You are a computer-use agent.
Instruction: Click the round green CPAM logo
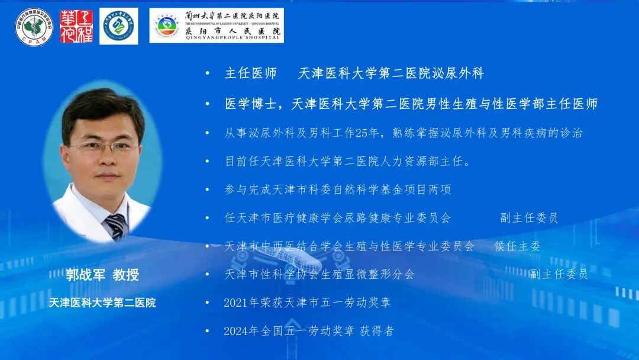pyautogui.click(x=34, y=26)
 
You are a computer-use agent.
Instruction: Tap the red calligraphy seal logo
pyautogui.click(x=76, y=26)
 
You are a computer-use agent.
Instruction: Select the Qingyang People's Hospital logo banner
pyautogui.click(x=216, y=25)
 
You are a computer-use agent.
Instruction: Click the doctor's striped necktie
pyautogui.click(x=116, y=225)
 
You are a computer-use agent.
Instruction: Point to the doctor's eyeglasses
pyautogui.click(x=103, y=146)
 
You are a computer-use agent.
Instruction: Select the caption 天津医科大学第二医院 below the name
pyautogui.click(x=102, y=303)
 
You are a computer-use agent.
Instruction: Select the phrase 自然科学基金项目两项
pyautogui.click(x=391, y=189)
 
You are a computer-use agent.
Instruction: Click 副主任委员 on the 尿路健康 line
pyautogui.click(x=528, y=218)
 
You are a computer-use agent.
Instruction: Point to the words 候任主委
pyautogui.click(x=517, y=246)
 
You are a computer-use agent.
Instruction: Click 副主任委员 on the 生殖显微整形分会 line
pyautogui.click(x=559, y=274)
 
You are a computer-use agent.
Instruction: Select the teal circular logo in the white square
pyautogui.click(x=119, y=26)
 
